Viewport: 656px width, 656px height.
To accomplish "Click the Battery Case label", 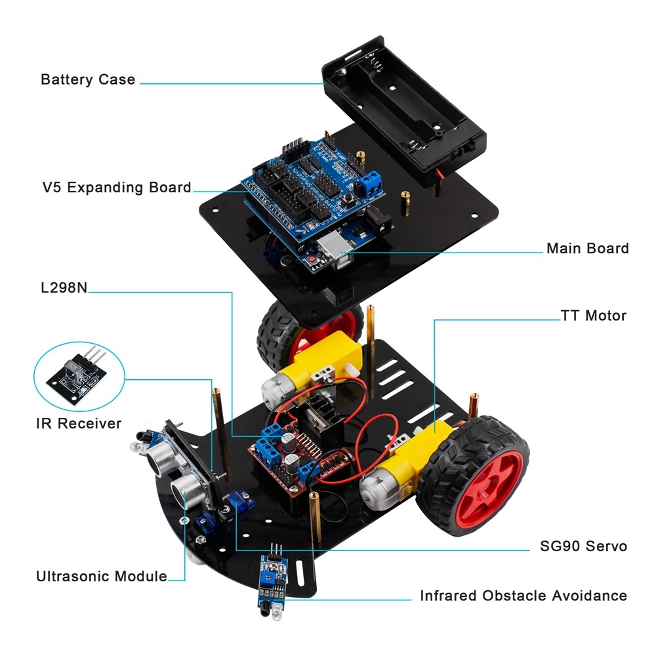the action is (88, 79).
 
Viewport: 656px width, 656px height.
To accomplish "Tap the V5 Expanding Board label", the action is (117, 188).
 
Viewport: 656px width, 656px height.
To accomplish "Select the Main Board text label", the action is (587, 248).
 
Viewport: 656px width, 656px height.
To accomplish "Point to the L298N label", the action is (64, 287).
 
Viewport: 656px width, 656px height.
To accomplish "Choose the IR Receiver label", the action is (79, 423).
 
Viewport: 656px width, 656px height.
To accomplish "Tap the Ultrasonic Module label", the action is (102, 576).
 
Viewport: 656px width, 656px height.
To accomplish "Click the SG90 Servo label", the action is (583, 546).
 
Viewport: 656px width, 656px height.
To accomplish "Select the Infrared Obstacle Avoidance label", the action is (523, 596).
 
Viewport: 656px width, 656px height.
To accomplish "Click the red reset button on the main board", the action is (312, 261).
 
